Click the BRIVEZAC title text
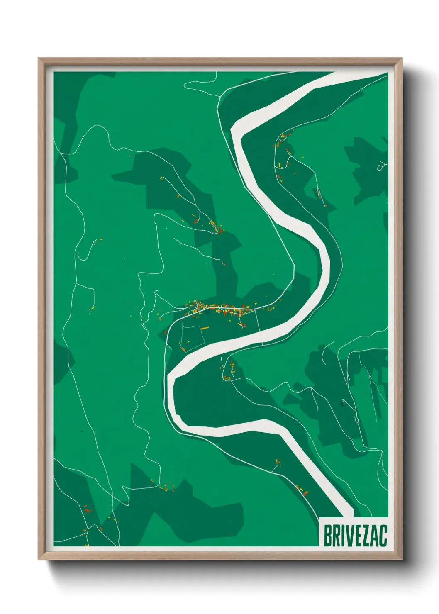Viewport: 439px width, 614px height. click(x=355, y=536)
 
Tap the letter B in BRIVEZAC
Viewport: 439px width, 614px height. click(x=327, y=536)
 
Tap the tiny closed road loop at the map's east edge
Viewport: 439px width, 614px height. click(x=380, y=167)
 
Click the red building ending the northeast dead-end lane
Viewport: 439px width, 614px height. click(x=325, y=205)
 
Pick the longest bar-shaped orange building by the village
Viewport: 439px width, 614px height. click(x=205, y=328)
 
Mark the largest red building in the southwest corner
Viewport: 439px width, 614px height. click(x=87, y=509)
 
